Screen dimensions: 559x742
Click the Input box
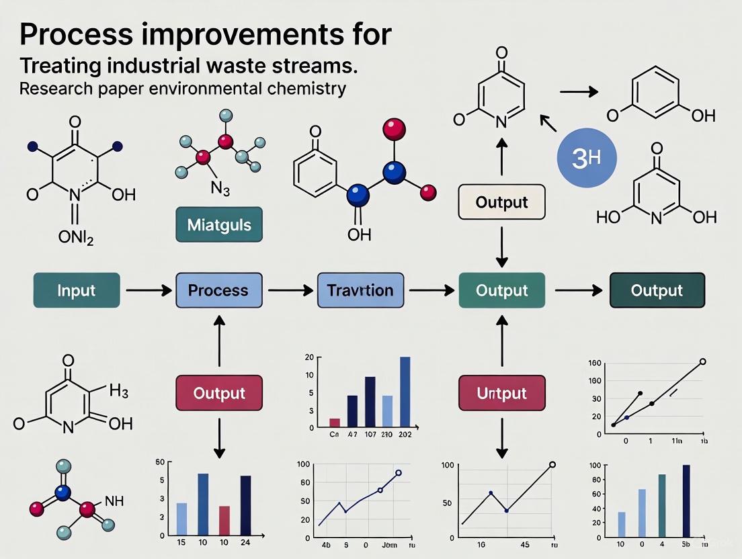tap(76, 290)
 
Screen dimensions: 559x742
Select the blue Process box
tap(218, 290)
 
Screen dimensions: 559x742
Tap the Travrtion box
tap(360, 290)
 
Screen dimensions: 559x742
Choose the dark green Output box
tap(657, 290)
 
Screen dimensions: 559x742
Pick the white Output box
tap(501, 202)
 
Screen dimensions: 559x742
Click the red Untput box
tap(501, 392)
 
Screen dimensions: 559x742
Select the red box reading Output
tap(219, 393)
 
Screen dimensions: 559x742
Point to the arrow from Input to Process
tap(147, 290)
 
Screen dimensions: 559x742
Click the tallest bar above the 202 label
tap(405, 392)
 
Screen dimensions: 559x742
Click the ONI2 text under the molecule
tap(76, 237)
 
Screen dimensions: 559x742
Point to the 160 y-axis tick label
tap(594, 363)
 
